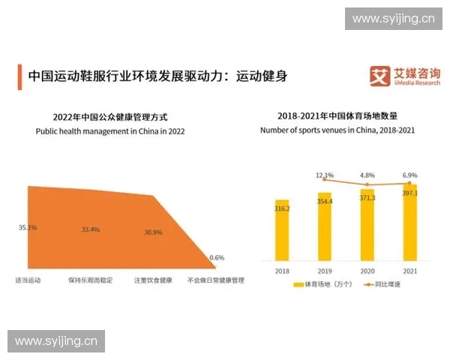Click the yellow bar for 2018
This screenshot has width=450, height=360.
pyautogui.click(x=282, y=228)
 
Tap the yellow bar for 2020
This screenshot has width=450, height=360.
pyautogui.click(x=367, y=223)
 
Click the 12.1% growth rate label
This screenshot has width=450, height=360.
pyautogui.click(x=324, y=175)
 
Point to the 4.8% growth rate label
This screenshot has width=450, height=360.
pyautogui.click(x=367, y=175)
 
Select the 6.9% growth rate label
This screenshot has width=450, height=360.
pyautogui.click(x=409, y=175)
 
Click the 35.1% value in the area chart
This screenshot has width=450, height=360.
pyautogui.click(x=27, y=227)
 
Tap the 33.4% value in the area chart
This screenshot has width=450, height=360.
pyautogui.click(x=90, y=229)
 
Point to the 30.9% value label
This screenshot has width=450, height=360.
pyautogui.click(x=153, y=232)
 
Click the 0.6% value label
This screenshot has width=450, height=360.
pyautogui.click(x=217, y=257)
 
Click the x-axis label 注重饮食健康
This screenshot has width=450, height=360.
pyautogui.click(x=154, y=280)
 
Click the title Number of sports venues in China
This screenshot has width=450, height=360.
pyautogui.click(x=337, y=130)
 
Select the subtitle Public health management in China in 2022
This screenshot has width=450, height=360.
pyautogui.click(x=110, y=130)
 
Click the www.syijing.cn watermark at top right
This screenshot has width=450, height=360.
pyautogui.click(x=393, y=18)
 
